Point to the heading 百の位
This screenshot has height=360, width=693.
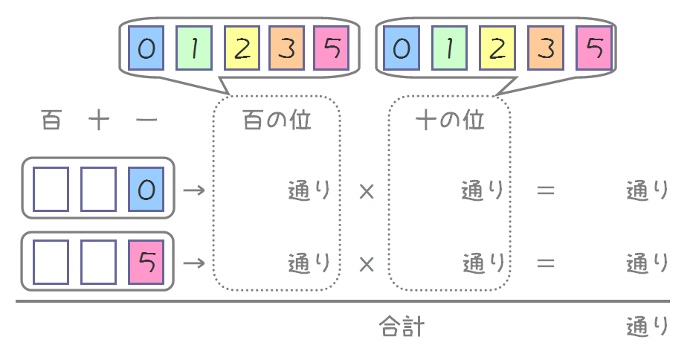(x=277, y=120)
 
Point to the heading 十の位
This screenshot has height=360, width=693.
(x=450, y=120)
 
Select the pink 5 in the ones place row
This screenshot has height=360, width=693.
(x=146, y=263)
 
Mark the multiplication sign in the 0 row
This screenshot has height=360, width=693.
(x=365, y=191)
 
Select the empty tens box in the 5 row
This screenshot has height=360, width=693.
(x=99, y=263)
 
